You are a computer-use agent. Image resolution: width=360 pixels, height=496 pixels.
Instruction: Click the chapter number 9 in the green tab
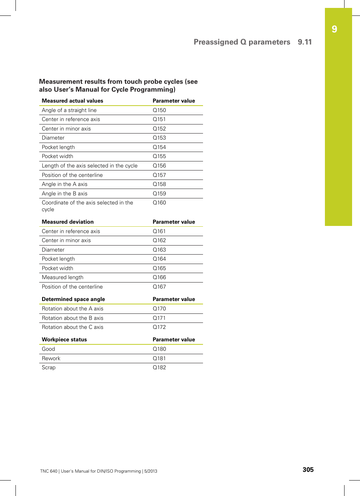[334, 29]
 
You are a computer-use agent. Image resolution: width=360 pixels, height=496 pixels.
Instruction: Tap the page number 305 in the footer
[308, 470]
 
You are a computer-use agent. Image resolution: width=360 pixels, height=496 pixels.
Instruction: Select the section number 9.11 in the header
[305, 42]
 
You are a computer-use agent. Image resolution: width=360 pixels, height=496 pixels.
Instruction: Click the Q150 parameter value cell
[159, 110]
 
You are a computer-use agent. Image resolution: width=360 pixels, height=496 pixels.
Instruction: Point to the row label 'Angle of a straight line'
[69, 110]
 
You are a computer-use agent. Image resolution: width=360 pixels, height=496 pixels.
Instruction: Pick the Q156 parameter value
[159, 166]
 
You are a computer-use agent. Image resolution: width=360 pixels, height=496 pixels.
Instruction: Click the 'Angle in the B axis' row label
[65, 193]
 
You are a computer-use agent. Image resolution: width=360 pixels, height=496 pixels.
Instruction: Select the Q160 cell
[159, 203]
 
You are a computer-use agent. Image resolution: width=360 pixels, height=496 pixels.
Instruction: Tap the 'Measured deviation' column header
[68, 222]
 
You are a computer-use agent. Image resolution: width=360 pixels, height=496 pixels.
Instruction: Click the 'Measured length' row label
[63, 277]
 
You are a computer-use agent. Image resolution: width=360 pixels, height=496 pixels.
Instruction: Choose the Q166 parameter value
[159, 277]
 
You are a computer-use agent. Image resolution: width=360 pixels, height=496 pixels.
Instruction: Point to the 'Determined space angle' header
[73, 299]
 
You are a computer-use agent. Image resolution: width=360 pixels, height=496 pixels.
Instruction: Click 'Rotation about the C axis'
[72, 327]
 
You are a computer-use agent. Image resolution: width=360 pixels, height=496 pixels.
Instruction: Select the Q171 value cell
[159, 318]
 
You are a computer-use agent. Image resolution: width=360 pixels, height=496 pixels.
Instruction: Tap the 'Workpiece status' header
[64, 339]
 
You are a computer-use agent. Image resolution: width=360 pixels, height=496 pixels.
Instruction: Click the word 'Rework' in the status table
[51, 358]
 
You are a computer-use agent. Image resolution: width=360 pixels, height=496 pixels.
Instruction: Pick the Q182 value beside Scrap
[159, 367]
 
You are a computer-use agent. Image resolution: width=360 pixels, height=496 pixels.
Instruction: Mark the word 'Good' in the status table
[48, 349]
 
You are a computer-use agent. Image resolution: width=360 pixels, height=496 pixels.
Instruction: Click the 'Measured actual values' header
[72, 101]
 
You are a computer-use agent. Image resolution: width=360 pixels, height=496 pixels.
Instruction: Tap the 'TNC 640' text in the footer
[49, 471]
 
